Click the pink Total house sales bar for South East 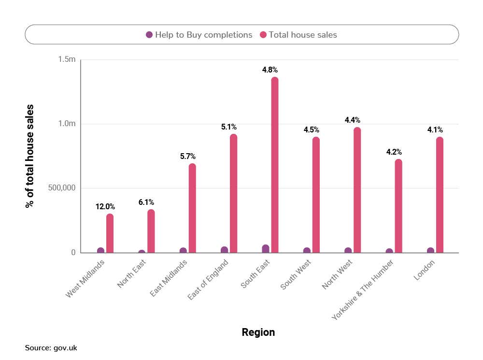pyautogui.click(x=274, y=164)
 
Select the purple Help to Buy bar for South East pyautogui.click(x=266, y=249)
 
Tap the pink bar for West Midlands pyautogui.click(x=110, y=233)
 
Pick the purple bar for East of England pyautogui.click(x=224, y=249)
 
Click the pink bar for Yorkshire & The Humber pyautogui.click(x=398, y=205)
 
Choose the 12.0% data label pyautogui.click(x=105, y=206)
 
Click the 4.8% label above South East pyautogui.click(x=270, y=70)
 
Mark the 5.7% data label pyautogui.click(x=187, y=156)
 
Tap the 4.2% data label pyautogui.click(x=394, y=152)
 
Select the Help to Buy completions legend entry pyautogui.click(x=199, y=35)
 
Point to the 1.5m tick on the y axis pyautogui.click(x=67, y=59)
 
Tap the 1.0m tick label pyautogui.click(x=67, y=124)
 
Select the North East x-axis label pyautogui.click(x=132, y=274)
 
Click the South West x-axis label pyautogui.click(x=296, y=275)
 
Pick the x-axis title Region pyautogui.click(x=258, y=332)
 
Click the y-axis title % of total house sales pyautogui.click(x=30, y=156)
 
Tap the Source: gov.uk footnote pyautogui.click(x=51, y=347)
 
